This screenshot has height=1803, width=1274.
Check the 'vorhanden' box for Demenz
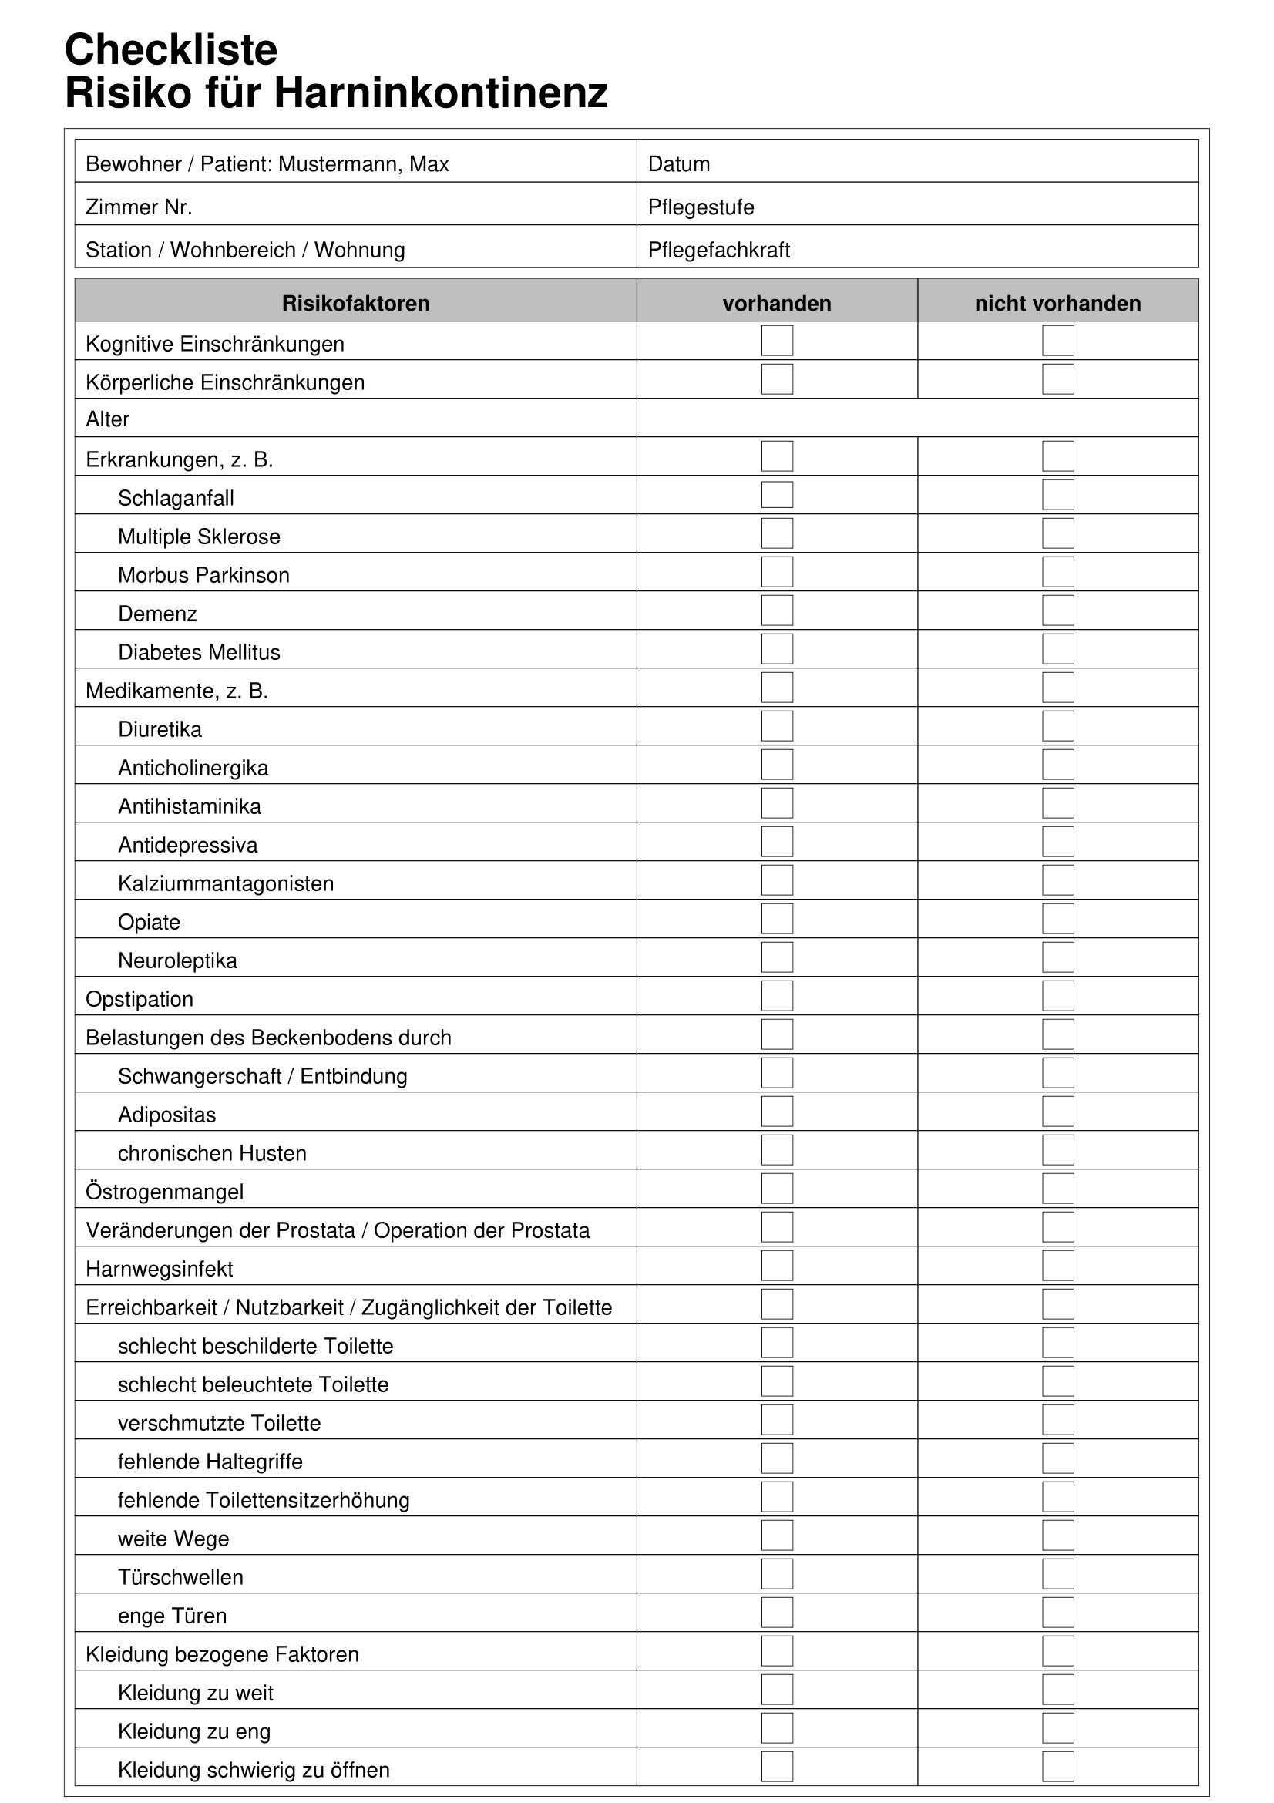tap(776, 611)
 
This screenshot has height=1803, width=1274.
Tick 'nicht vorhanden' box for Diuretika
tap(1057, 725)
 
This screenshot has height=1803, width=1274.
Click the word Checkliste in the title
tap(171, 49)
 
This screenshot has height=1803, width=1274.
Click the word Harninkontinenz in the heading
tap(440, 93)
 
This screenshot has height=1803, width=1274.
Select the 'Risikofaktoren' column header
tap(355, 303)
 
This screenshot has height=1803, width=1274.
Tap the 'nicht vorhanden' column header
tap(1057, 303)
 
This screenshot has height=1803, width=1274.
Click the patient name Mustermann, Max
tap(364, 164)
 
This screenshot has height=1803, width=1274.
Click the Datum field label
tap(678, 164)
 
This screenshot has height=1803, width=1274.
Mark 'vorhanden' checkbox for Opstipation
tap(776, 996)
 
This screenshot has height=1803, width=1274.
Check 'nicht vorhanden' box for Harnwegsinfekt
tap(1057, 1265)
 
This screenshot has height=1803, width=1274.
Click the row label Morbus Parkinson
tap(203, 575)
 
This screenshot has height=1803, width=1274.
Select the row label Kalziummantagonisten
tap(225, 883)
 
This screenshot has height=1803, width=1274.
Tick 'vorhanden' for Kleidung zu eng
tap(776, 1727)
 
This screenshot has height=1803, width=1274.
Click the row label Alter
tap(108, 419)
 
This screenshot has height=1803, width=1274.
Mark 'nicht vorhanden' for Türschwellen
tap(1057, 1574)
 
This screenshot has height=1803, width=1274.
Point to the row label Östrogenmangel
tap(164, 1192)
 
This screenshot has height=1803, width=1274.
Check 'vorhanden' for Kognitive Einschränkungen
tap(776, 341)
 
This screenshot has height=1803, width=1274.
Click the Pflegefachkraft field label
tap(718, 250)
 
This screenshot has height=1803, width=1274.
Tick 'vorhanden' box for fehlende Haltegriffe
tap(776, 1458)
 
